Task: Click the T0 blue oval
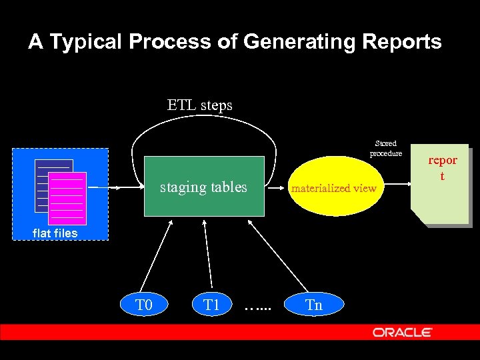tap(145, 305)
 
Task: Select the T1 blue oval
tap(211, 305)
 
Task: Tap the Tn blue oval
tap(313, 305)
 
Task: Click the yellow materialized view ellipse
tap(335, 187)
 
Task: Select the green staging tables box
tap(204, 187)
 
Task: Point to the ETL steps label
tap(199, 105)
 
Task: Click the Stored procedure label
tap(385, 148)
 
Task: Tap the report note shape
tap(441, 187)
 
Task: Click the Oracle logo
tap(402, 332)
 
